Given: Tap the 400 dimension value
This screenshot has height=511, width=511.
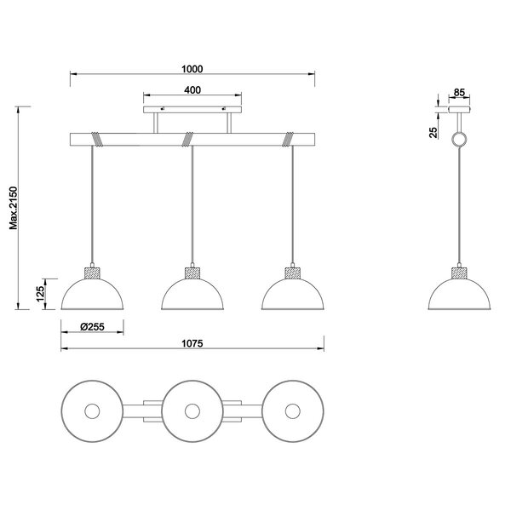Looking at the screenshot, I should coord(192,89).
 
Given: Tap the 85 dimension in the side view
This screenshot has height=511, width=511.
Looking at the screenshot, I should coord(459,92).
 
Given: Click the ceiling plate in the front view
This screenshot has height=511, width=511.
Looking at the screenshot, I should coord(192,109).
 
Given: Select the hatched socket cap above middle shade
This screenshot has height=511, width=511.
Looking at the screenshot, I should coord(192,273).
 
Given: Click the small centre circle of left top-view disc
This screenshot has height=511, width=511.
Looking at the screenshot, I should coord(91,411).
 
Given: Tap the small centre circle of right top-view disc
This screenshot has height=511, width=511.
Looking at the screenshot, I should coord(293,411).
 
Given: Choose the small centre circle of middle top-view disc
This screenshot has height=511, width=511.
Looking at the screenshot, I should coord(192,411).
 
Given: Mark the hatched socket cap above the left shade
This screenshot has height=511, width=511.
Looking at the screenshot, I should coord(91,273).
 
